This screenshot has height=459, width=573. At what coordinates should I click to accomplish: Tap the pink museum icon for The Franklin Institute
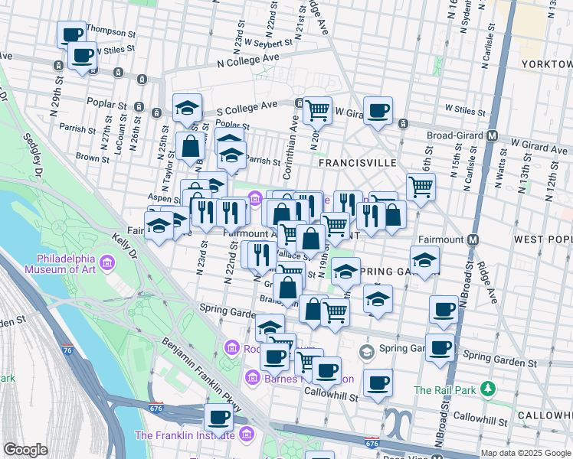(246, 435)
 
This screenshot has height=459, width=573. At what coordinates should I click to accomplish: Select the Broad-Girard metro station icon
(493, 135)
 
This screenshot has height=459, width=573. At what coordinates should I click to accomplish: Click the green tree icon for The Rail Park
(487, 390)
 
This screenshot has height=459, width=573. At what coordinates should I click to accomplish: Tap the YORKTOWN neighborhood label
(545, 64)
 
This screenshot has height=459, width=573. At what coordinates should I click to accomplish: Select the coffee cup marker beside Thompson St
(72, 33)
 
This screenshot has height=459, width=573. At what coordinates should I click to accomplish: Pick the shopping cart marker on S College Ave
(317, 109)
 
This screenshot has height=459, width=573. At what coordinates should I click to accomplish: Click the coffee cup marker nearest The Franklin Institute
(218, 417)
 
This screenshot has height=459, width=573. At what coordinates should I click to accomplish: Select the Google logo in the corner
(25, 450)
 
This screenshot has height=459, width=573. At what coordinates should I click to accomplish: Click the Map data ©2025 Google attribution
(525, 453)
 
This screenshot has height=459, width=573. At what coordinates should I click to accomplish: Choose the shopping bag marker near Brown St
(189, 145)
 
